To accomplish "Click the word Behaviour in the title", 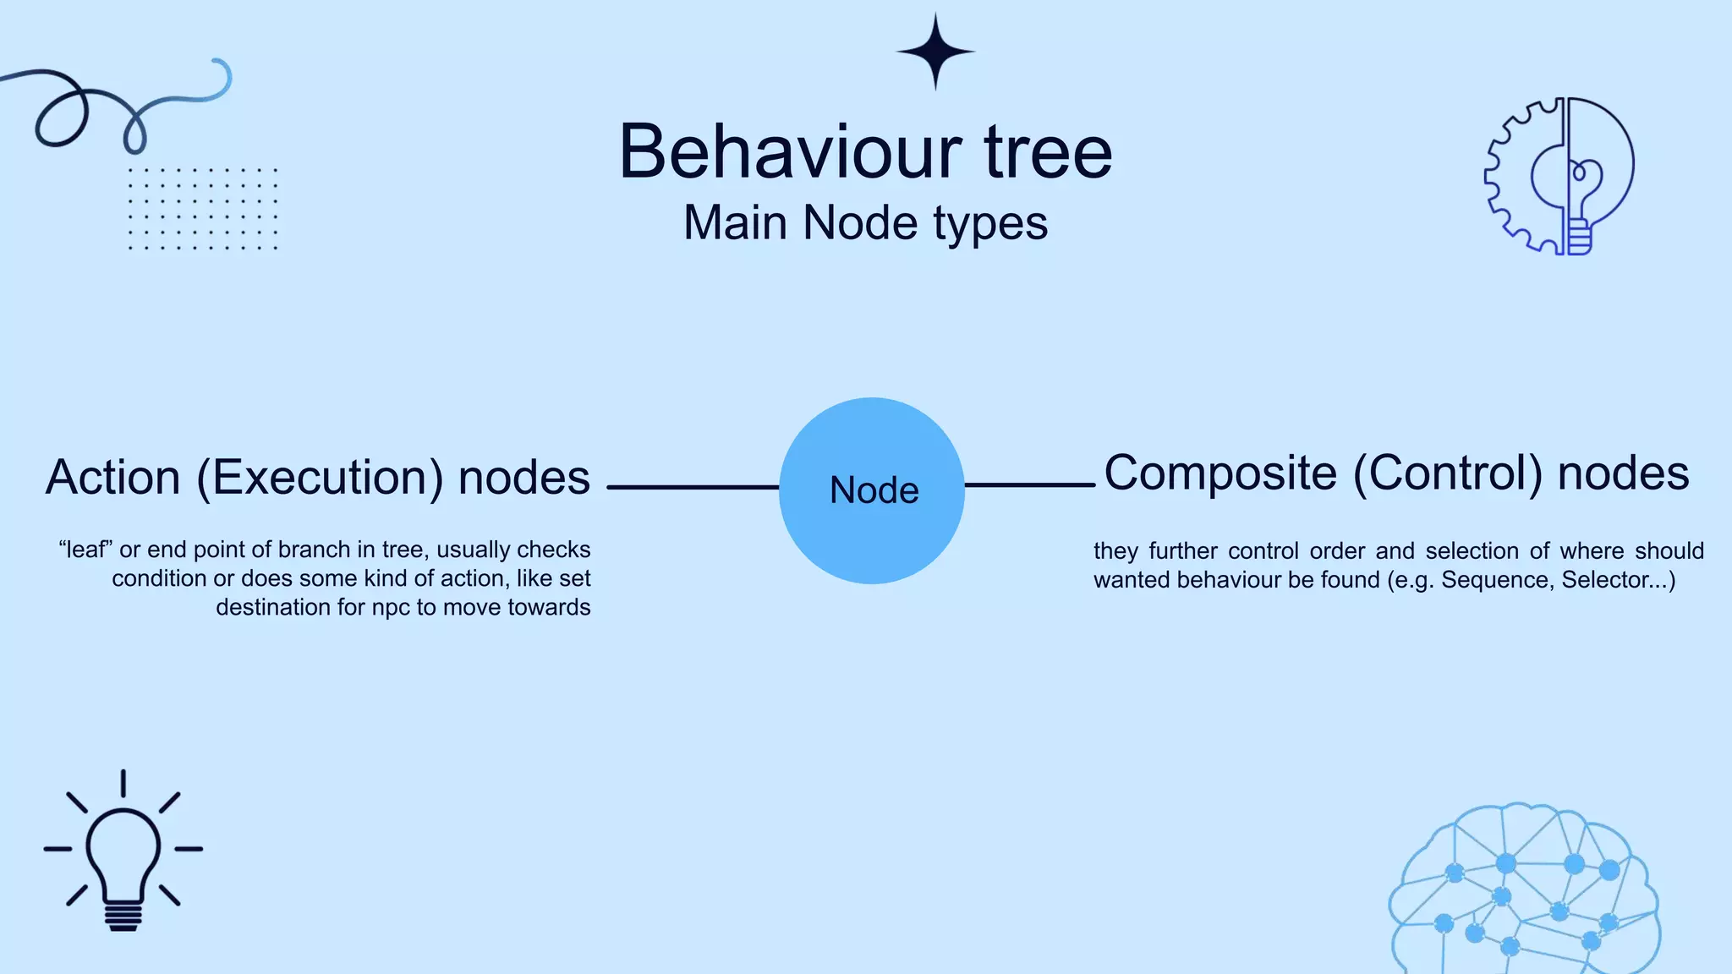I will (790, 152).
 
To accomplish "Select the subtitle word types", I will (990, 224).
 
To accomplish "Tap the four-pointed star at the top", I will (935, 52).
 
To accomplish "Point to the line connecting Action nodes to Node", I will (692, 487).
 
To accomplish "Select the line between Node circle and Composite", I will (1029, 484).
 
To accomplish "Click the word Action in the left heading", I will (112, 478).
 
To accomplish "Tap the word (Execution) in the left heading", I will (320, 478).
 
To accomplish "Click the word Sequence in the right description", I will (1495, 580).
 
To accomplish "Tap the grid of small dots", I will (203, 208).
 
